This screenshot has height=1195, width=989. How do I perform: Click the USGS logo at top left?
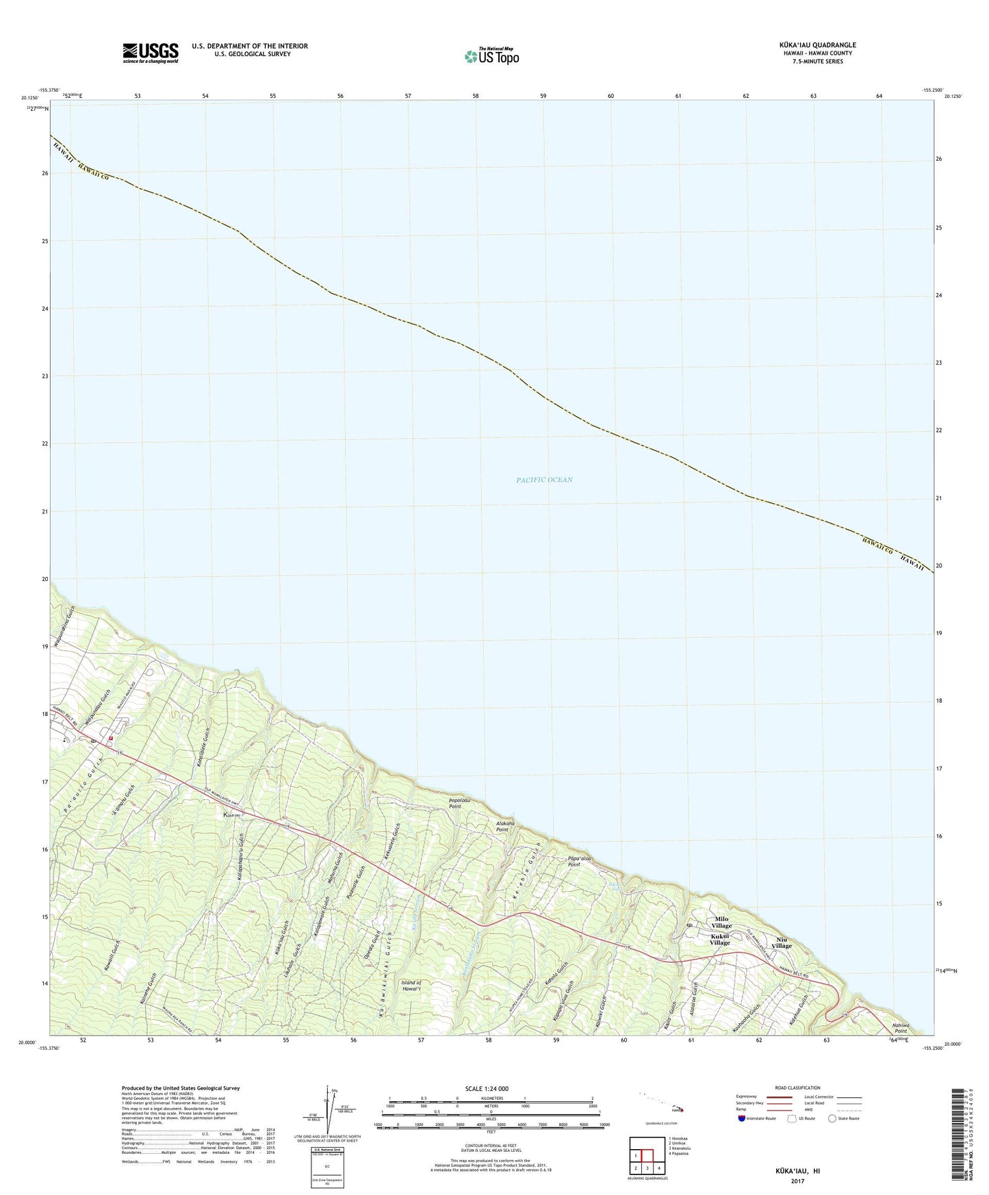click(150, 53)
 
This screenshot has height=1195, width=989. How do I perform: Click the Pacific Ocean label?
click(544, 480)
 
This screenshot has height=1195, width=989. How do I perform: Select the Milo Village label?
click(721, 923)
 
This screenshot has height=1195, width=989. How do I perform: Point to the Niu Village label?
click(782, 942)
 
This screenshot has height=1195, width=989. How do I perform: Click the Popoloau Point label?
click(464, 804)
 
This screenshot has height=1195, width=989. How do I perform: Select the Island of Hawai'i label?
click(411, 986)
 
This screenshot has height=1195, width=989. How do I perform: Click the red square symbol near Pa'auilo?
click(111, 738)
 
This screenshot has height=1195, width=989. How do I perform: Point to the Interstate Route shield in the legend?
click(742, 1118)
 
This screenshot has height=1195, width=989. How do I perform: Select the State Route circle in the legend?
click(832, 1118)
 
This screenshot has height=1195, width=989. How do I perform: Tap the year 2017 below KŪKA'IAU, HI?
click(796, 1181)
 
